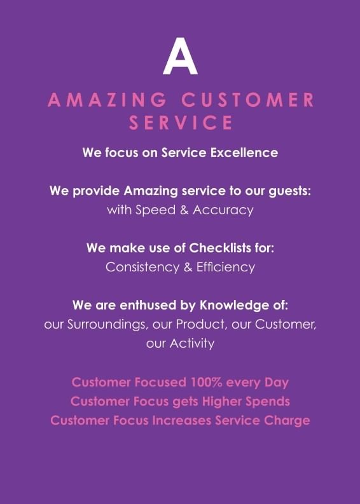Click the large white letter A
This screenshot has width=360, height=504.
[180, 57]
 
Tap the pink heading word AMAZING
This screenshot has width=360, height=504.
[107, 100]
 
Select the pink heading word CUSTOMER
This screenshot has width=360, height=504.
[247, 100]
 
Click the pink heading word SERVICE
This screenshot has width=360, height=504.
[181, 123]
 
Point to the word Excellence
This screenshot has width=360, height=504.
[244, 153]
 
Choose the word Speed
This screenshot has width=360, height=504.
[155, 210]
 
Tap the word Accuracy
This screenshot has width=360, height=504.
[223, 210]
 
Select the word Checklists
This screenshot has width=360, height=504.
[219, 248]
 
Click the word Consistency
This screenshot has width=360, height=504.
[142, 268]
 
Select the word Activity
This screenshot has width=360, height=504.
[191, 344]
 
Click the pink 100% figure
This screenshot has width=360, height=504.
[206, 383]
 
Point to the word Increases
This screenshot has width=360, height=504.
[181, 421]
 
